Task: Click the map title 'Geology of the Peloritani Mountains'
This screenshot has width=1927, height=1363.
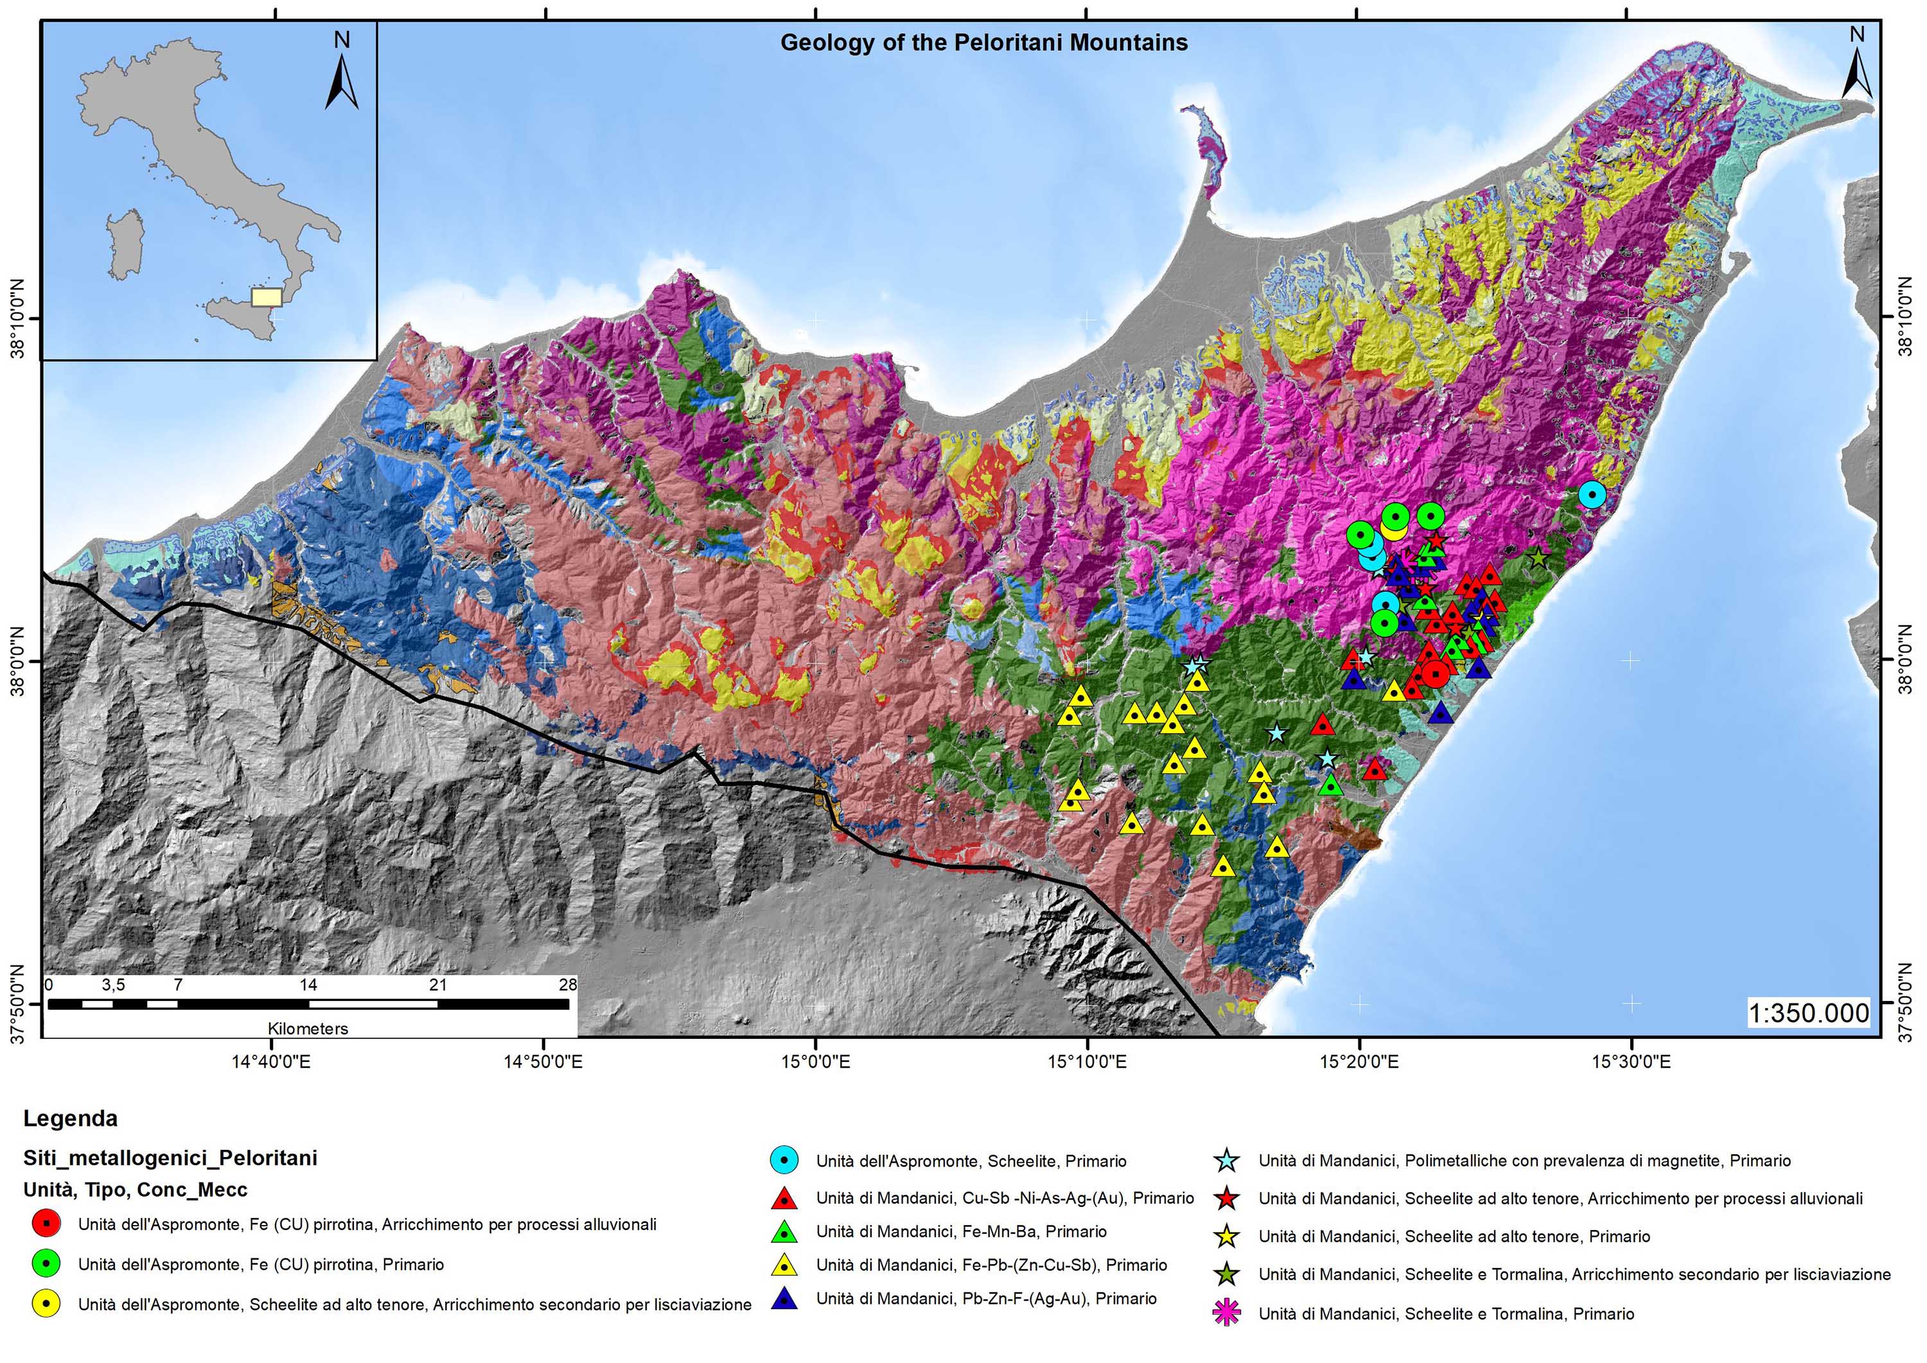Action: coord(983,43)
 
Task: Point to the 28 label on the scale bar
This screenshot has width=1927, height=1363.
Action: coord(568,984)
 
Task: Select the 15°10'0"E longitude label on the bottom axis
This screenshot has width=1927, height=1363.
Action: coord(1087,1063)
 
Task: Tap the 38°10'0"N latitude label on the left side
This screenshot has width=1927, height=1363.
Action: coord(17,320)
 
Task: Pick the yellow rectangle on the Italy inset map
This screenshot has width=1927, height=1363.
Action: coord(266,298)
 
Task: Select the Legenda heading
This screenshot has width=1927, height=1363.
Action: coord(71,1119)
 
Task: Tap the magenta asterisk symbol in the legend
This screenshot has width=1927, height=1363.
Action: coord(1227,1314)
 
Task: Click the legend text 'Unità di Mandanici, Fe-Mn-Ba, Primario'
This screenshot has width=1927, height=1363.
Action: coord(962,1232)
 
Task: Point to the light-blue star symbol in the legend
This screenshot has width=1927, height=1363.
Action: coord(1227,1161)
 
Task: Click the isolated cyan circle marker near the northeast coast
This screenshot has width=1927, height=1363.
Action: coord(1591,495)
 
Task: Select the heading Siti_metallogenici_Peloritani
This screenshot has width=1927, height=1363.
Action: coord(170,1158)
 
